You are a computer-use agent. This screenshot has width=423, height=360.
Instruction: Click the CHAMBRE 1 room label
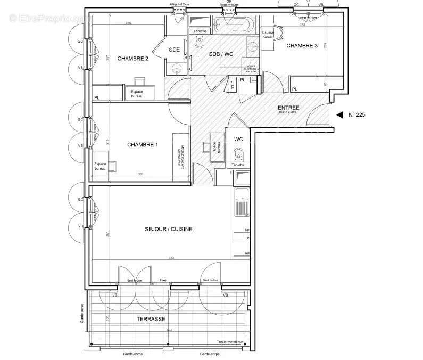tap(143, 145)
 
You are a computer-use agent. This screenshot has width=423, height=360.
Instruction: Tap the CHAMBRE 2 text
tap(133, 59)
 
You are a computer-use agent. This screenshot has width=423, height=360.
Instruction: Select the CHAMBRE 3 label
tap(302, 46)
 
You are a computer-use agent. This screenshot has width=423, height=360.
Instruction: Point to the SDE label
tap(174, 50)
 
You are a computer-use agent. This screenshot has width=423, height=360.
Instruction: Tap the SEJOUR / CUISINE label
tap(169, 230)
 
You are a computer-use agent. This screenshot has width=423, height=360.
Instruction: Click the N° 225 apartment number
tap(356, 114)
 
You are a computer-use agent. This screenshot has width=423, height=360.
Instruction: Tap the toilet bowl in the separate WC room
tap(239, 155)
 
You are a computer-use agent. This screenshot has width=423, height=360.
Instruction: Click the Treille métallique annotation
tap(230, 342)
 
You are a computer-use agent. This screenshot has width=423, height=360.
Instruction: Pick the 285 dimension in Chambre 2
tap(128, 23)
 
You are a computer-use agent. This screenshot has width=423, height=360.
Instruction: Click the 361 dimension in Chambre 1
tap(140, 174)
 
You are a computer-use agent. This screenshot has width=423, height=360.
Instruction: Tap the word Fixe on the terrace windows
tap(163, 280)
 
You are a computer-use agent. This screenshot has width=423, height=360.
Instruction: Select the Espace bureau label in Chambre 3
tap(268, 35)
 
